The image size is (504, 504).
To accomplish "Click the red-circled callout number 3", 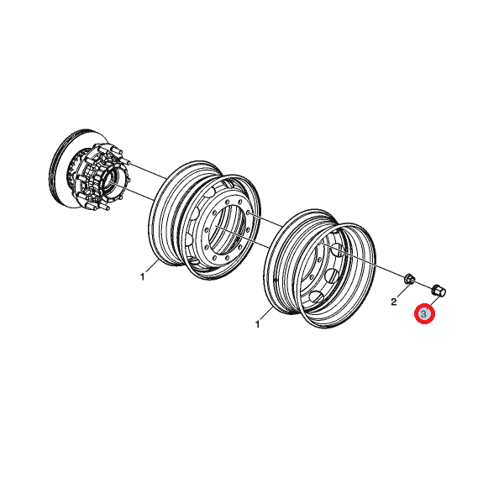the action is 424,313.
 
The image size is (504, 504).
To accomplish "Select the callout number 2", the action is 394,302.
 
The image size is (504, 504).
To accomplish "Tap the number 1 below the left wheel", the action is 142,276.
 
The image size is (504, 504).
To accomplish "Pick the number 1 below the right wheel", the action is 257,324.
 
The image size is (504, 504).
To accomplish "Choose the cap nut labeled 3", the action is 438,291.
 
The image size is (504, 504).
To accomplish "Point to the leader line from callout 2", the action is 403,291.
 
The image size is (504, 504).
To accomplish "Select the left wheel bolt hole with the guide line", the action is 249,213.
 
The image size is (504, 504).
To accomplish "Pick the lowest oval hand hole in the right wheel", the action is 318,296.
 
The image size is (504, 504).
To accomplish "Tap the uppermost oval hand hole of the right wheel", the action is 337,249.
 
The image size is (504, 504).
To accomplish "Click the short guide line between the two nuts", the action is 423,285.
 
